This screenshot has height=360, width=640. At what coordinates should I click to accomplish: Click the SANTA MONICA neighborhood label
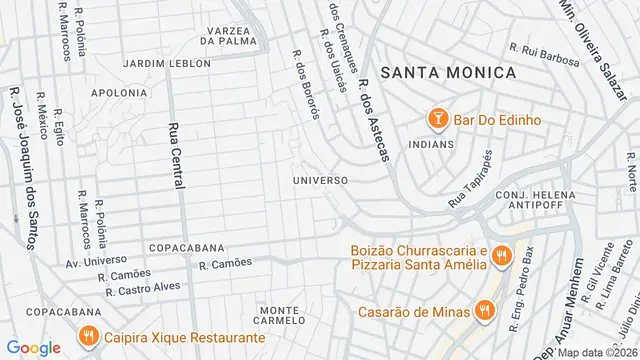click(449, 72)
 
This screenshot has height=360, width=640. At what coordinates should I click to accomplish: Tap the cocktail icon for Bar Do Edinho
click(437, 120)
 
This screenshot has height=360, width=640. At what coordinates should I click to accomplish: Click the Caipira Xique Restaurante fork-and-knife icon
click(89, 337)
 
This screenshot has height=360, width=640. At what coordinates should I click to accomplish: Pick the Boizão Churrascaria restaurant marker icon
click(502, 257)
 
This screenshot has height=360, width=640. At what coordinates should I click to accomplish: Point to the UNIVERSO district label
click(320, 180)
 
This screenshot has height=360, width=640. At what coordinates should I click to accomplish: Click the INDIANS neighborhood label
click(431, 144)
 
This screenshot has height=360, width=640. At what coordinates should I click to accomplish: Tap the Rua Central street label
click(177, 161)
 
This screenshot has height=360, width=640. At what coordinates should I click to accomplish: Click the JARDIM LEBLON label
click(167, 63)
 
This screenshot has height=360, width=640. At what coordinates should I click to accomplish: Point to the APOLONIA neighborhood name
click(119, 92)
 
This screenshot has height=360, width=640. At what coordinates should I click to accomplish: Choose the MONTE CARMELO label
click(281, 314)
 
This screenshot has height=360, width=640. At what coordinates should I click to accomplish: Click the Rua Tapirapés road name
click(472, 176)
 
